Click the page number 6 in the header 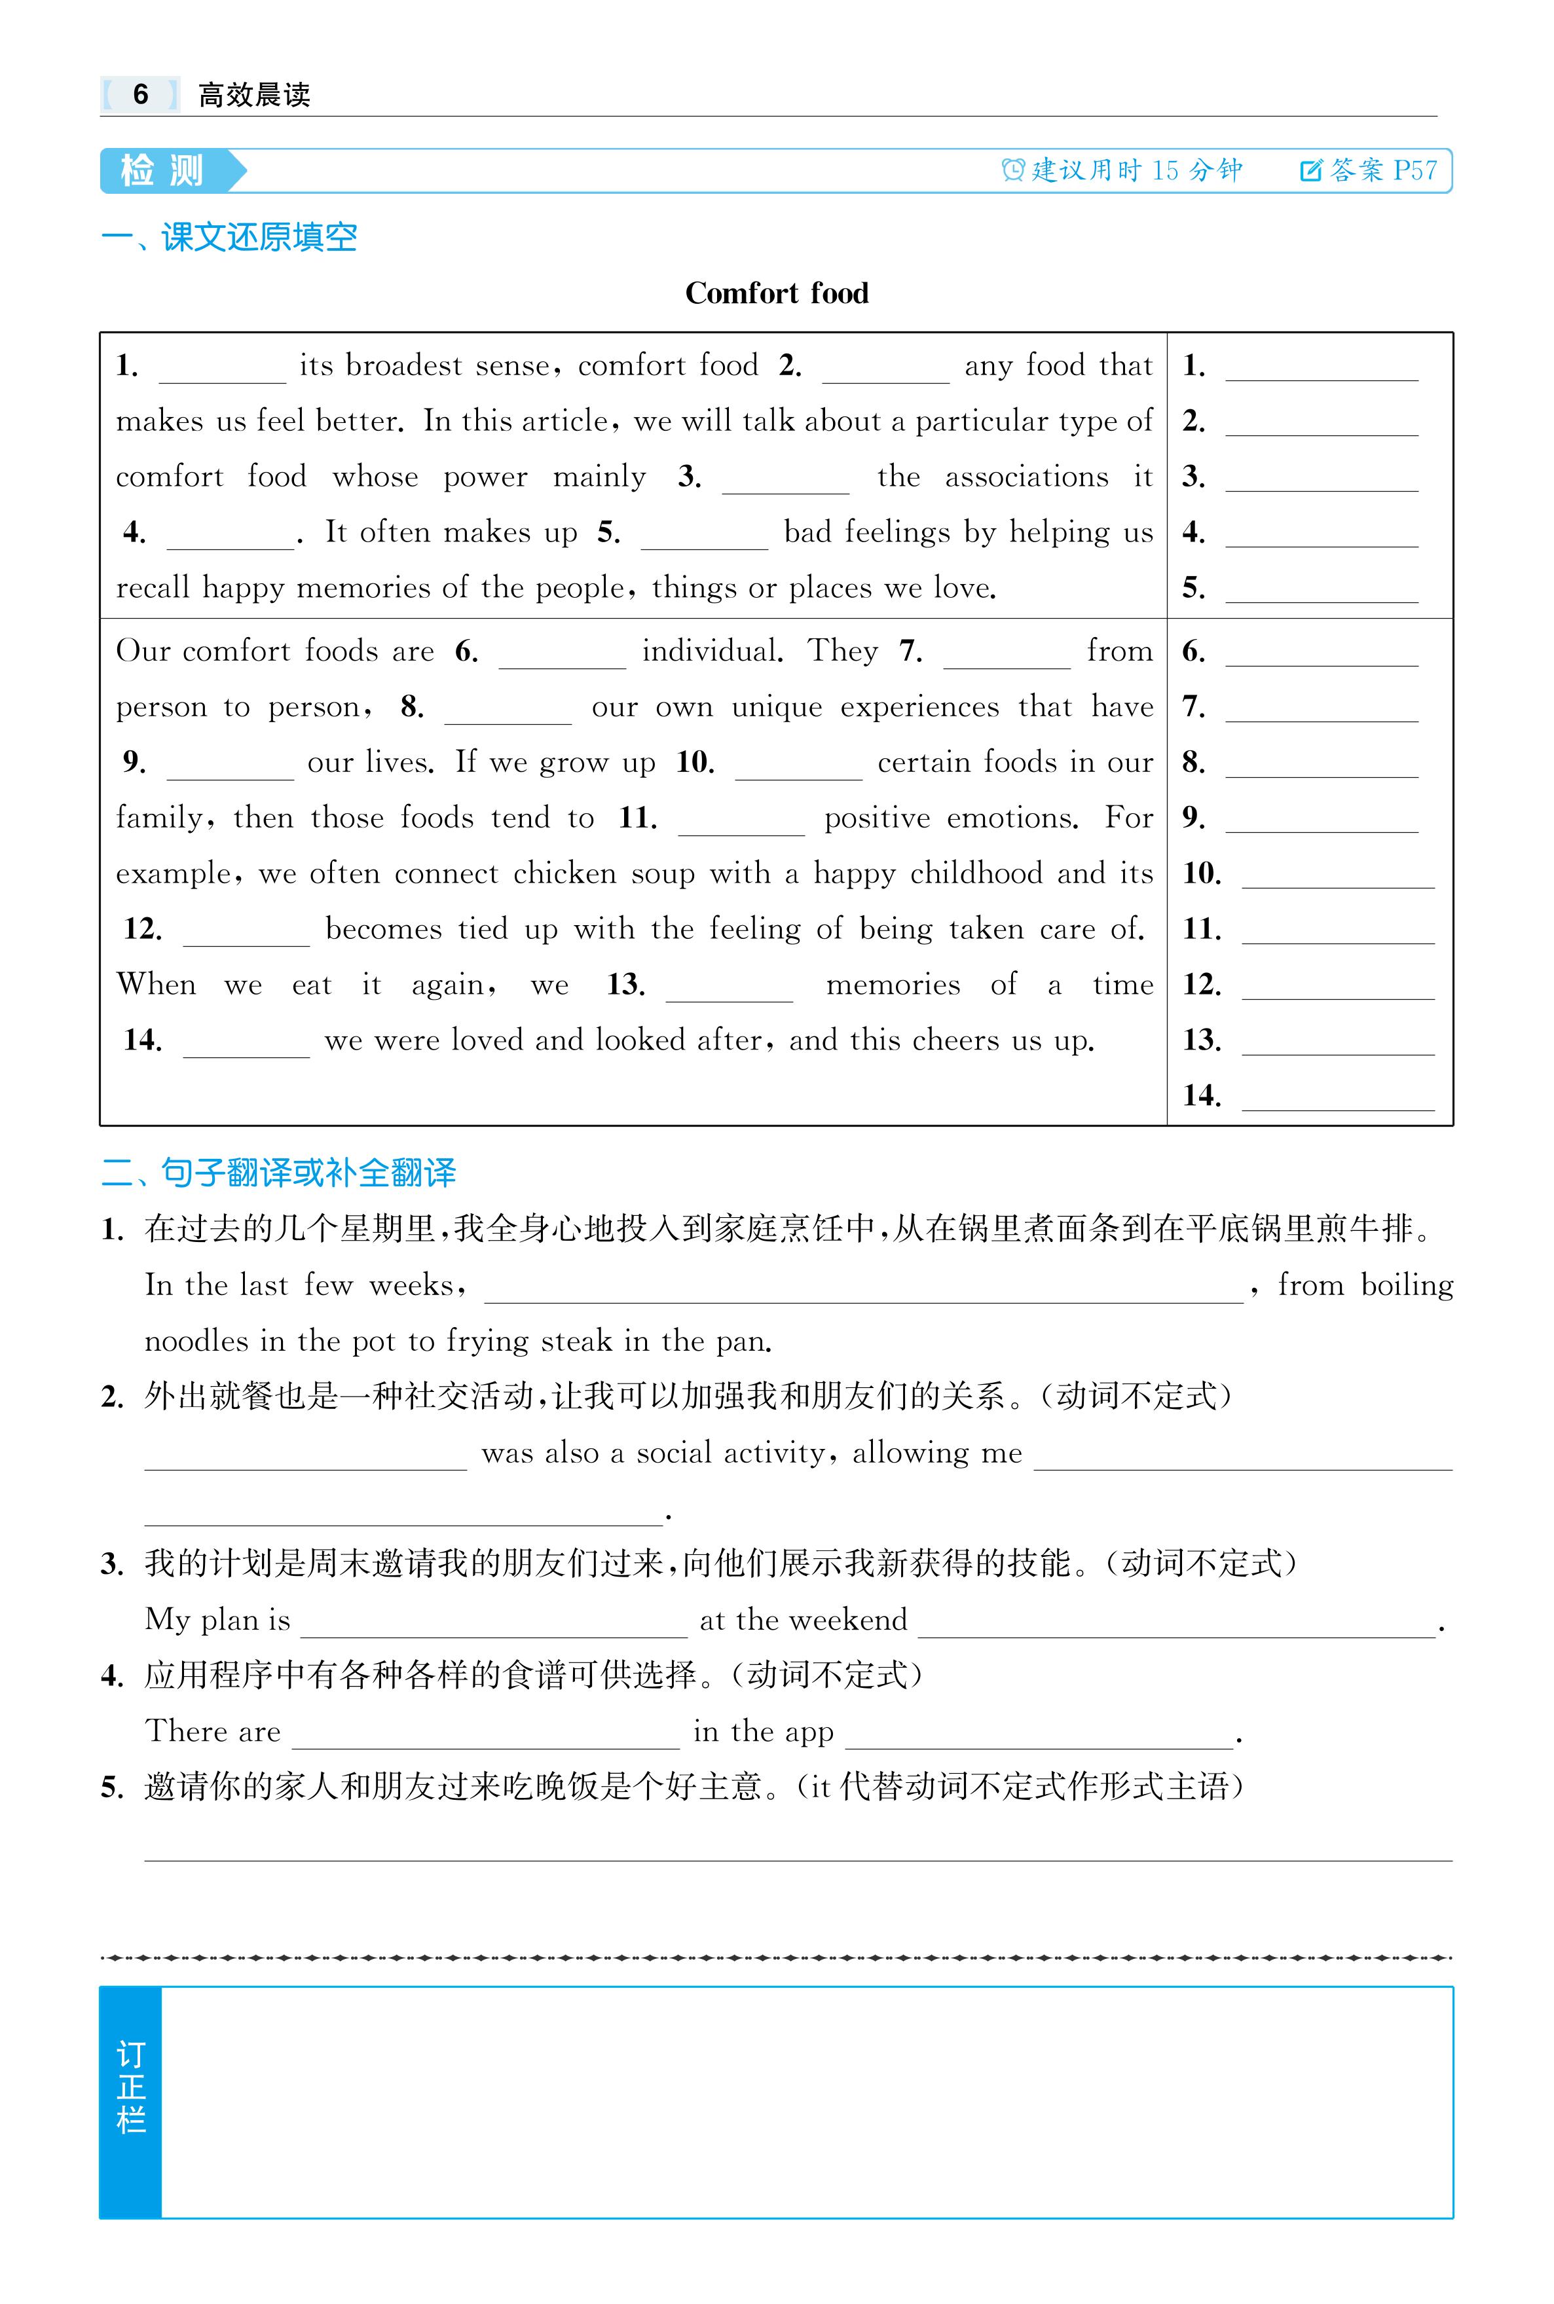(x=139, y=94)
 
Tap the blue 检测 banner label (x=162, y=170)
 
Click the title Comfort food (x=776, y=293)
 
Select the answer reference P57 (x=1415, y=170)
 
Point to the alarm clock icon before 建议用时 (x=1012, y=170)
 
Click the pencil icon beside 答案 (x=1310, y=170)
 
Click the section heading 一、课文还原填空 (x=229, y=238)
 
